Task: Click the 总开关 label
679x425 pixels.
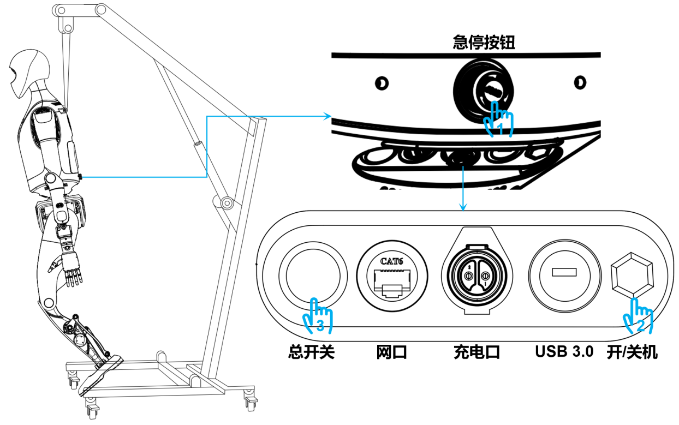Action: pos(311,352)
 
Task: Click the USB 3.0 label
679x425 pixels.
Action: pos(564,352)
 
